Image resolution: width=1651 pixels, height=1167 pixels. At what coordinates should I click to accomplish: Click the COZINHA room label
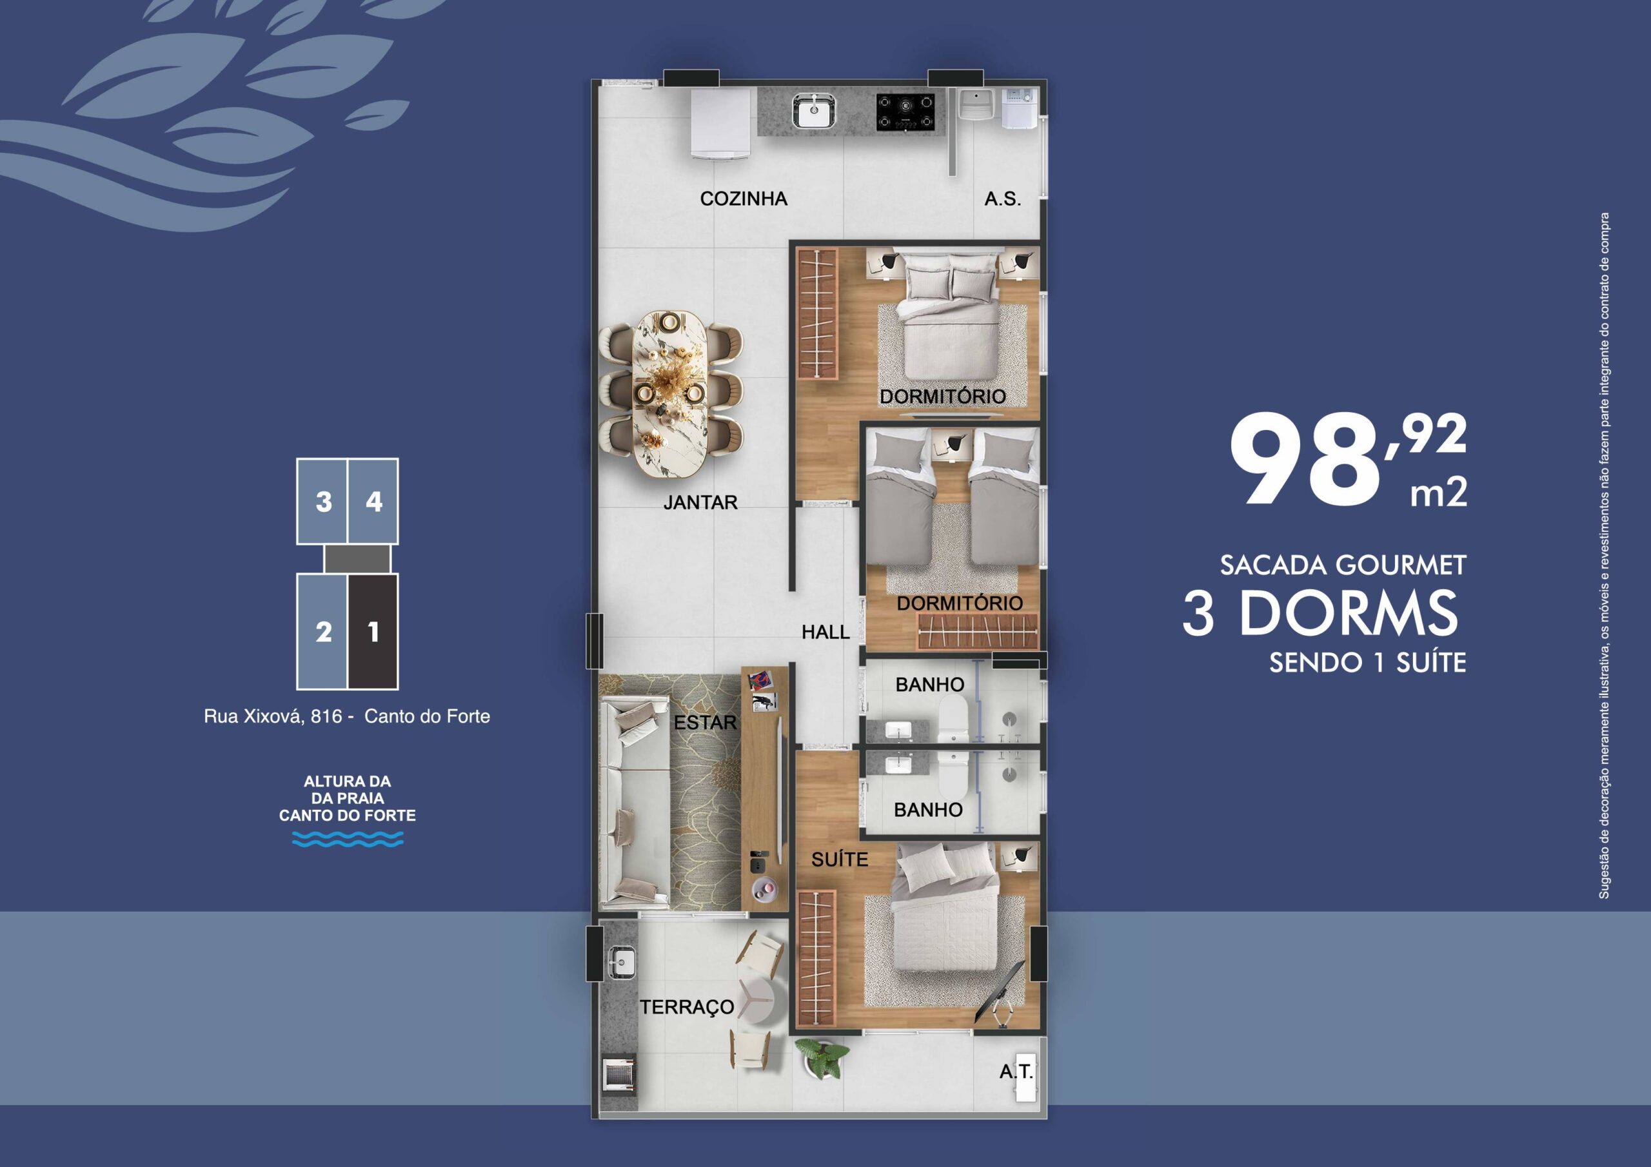pyautogui.click(x=744, y=199)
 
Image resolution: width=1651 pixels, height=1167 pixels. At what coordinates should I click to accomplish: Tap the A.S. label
pyautogui.click(x=1002, y=199)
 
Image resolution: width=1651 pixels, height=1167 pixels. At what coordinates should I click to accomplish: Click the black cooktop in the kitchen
pyautogui.click(x=906, y=113)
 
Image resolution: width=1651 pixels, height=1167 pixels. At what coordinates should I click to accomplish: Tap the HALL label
pyautogui.click(x=825, y=632)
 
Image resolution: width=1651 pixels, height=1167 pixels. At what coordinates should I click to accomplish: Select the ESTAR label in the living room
pyautogui.click(x=706, y=722)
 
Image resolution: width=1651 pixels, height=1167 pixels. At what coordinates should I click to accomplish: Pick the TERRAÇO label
pyautogui.click(x=687, y=1007)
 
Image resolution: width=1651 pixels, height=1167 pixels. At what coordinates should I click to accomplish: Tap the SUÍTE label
pyautogui.click(x=840, y=859)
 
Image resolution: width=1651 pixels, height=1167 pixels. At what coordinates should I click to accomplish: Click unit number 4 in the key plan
pyautogui.click(x=373, y=501)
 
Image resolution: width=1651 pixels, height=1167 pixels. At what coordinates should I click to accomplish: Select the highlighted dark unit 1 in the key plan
pyautogui.click(x=373, y=631)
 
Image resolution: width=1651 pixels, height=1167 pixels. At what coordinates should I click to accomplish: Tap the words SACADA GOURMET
pyautogui.click(x=1343, y=565)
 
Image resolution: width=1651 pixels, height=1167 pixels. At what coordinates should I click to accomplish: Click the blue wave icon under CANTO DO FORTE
pyautogui.click(x=348, y=838)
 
